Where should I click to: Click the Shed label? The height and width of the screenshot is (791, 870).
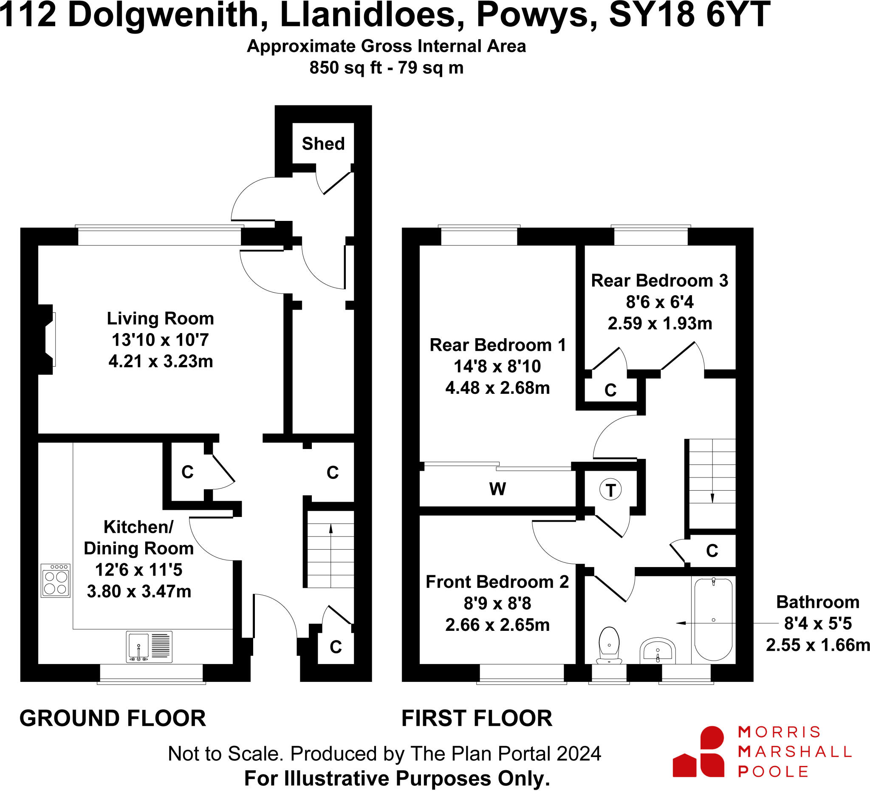[323, 144]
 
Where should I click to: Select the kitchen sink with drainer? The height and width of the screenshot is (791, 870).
[149, 647]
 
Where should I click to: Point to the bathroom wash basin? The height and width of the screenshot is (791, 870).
[657, 651]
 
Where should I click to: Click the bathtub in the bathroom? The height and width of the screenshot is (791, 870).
[713, 620]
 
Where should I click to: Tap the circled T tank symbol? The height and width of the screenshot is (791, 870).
[610, 490]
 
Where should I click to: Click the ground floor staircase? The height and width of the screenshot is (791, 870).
[330, 549]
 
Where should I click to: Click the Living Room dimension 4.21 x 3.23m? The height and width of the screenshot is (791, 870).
[161, 361]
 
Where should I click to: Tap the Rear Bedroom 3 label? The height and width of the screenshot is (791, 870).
[659, 280]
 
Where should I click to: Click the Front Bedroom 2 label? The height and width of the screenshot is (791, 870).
[497, 582]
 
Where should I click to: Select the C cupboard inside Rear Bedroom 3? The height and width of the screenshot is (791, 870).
[610, 390]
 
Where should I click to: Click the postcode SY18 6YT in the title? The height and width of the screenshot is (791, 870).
[689, 15]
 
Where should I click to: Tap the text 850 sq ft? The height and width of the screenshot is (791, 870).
[345, 68]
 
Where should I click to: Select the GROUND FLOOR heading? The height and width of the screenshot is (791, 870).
[113, 718]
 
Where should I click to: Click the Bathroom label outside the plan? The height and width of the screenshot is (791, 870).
[817, 602]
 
